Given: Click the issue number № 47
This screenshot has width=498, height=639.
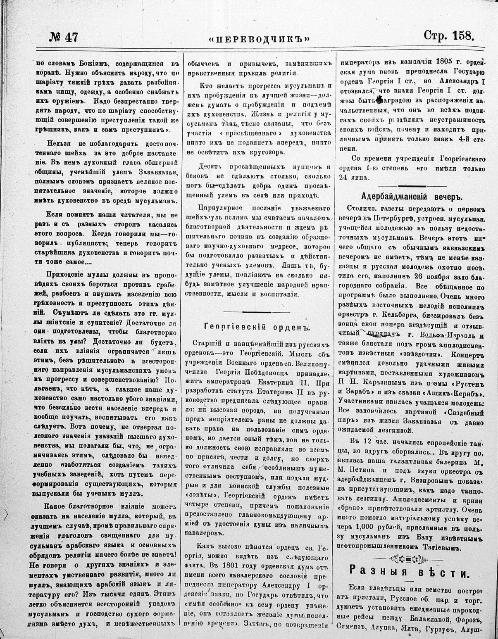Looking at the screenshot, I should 63,37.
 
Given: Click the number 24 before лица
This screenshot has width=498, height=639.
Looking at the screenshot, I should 343,178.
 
